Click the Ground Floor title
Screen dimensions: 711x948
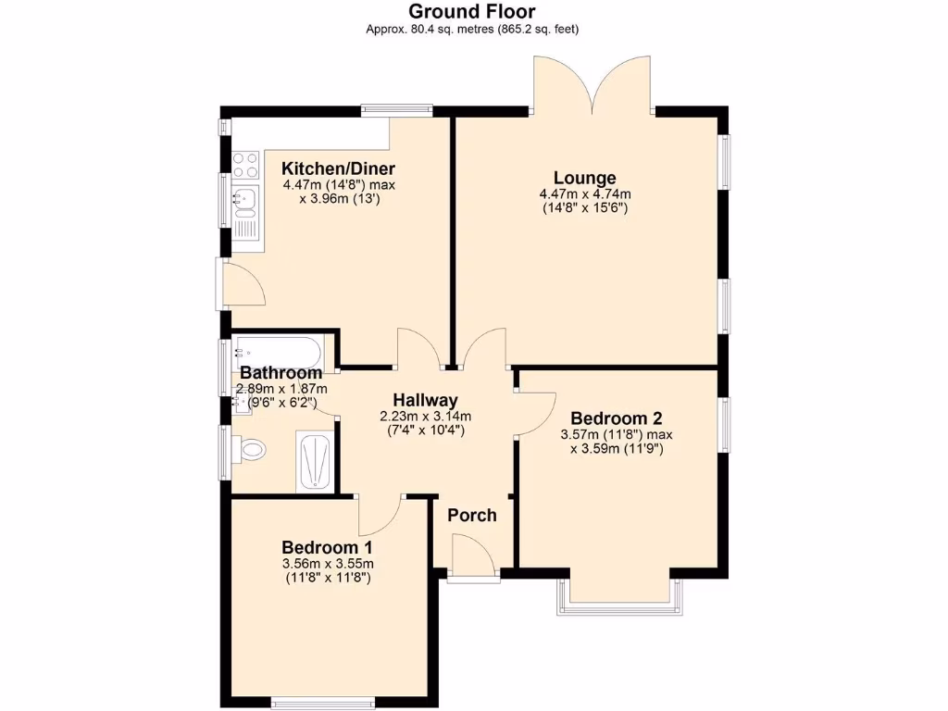(x=473, y=12)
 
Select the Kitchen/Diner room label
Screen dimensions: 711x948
(x=338, y=168)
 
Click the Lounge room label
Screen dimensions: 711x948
(x=584, y=178)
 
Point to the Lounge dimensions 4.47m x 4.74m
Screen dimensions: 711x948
(x=584, y=194)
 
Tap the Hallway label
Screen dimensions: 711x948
(x=425, y=400)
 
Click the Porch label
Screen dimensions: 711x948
(x=472, y=515)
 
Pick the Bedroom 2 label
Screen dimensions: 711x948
(x=617, y=418)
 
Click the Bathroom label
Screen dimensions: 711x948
(x=281, y=373)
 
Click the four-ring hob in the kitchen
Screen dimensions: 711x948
(x=245, y=165)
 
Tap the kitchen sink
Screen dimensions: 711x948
(x=244, y=198)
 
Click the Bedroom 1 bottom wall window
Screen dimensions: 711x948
(x=322, y=700)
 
